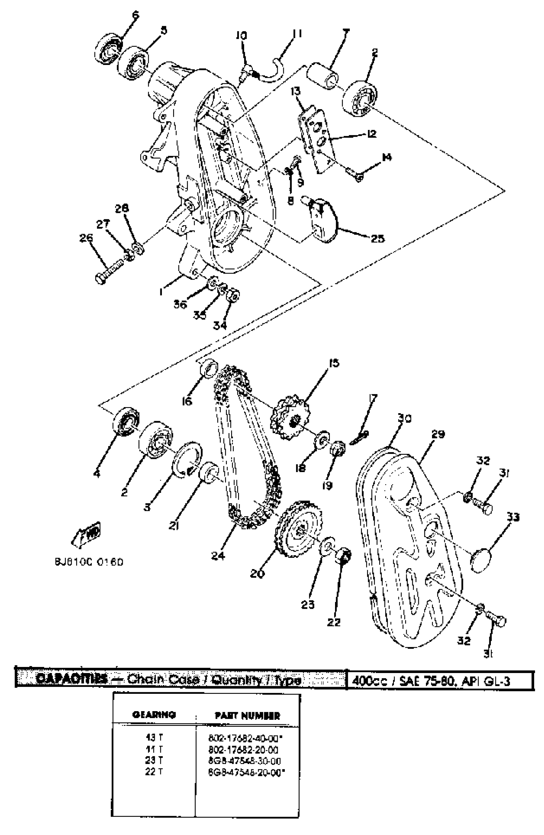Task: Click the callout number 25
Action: pos(377,238)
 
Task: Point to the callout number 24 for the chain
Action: pos(218,555)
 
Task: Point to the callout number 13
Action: pos(295,92)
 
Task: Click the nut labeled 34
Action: pos(233,295)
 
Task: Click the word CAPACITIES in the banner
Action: pos(72,679)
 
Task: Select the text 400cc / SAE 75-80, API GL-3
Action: pos(431,681)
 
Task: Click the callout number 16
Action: pos(187,401)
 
